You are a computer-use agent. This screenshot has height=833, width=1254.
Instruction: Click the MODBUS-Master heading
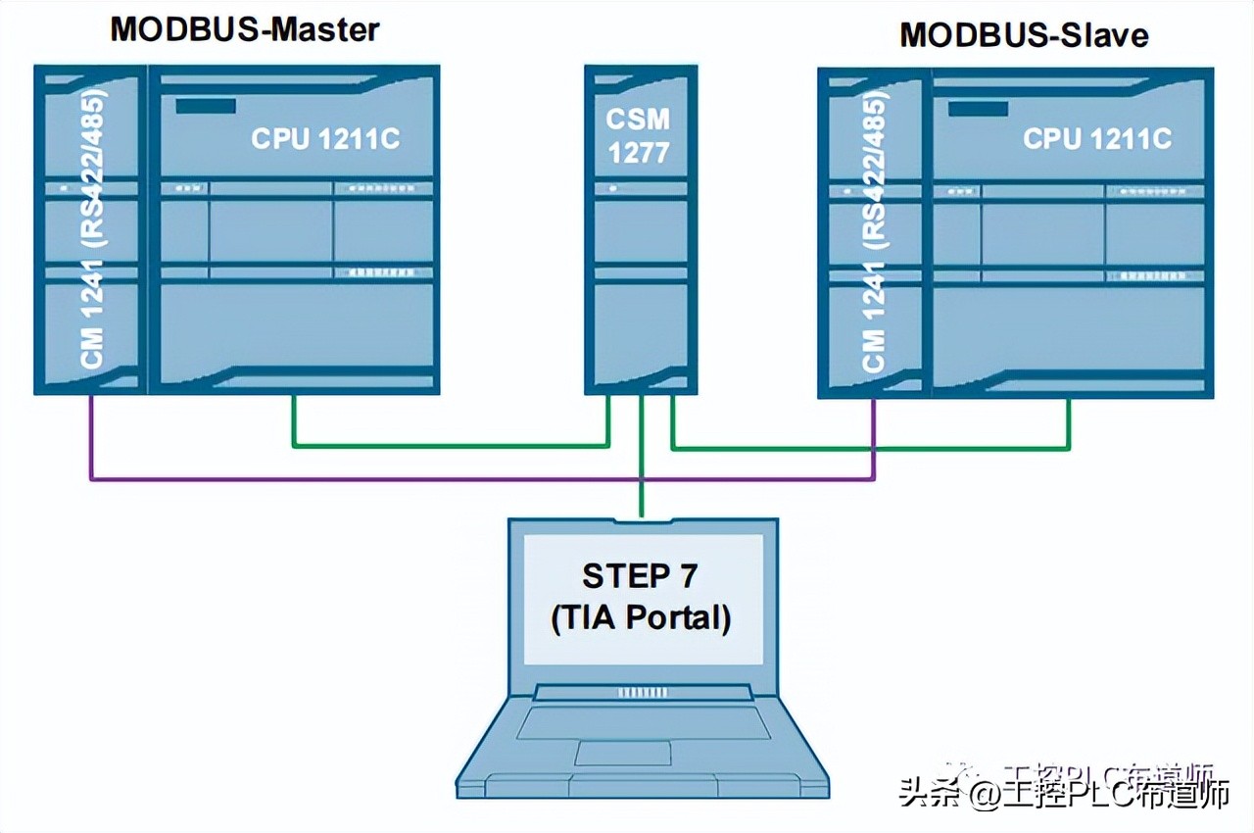pyautogui.click(x=244, y=28)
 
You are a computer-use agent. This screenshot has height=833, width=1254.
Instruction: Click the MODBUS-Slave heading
pyautogui.click(x=1024, y=35)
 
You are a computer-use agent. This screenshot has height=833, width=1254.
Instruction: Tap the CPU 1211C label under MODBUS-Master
pyautogui.click(x=325, y=139)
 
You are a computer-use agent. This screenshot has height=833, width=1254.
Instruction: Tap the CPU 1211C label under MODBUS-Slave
pyautogui.click(x=1097, y=139)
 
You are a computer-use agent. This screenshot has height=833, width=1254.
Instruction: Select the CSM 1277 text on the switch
pyautogui.click(x=638, y=135)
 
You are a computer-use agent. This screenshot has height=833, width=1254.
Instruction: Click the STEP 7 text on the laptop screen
pyautogui.click(x=640, y=576)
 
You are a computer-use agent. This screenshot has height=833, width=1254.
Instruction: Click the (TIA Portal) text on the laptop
pyautogui.click(x=641, y=618)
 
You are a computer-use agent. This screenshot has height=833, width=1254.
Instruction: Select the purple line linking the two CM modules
pyautogui.click(x=392, y=479)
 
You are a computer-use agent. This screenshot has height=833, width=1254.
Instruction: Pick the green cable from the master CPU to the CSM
pyautogui.click(x=451, y=446)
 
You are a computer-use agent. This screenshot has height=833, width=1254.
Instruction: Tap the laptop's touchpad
pyautogui.click(x=622, y=753)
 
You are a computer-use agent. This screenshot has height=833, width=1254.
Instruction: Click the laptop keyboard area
pyautogui.click(x=642, y=723)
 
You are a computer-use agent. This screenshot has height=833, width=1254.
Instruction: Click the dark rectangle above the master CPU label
pyautogui.click(x=199, y=106)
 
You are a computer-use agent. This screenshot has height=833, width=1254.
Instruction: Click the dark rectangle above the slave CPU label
pyautogui.click(x=978, y=108)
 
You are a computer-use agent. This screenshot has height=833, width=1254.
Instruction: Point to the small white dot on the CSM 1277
pyautogui.click(x=612, y=186)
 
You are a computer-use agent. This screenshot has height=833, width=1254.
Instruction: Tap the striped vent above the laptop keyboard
pyautogui.click(x=642, y=693)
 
